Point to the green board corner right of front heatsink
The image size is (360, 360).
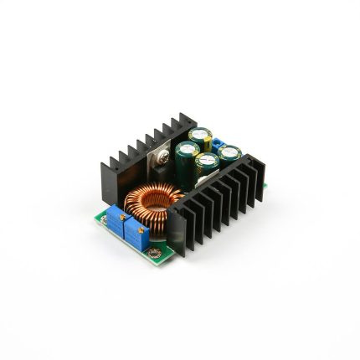265,186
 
